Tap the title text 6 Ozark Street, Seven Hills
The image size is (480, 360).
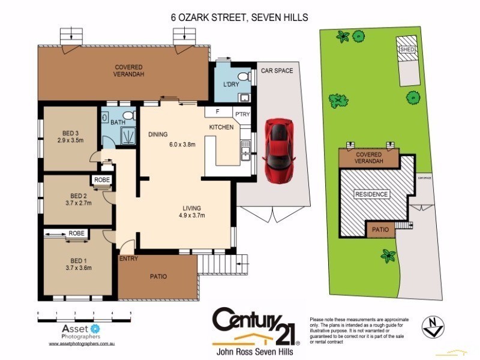[239, 18]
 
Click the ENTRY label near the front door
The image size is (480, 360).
[128, 259]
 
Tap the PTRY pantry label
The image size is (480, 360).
[242, 112]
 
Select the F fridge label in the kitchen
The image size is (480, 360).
[215, 112]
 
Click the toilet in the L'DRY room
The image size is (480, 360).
[243, 76]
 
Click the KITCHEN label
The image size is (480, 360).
[221, 128]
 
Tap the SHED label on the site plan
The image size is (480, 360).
[408, 49]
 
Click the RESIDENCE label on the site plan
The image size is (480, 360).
[371, 194]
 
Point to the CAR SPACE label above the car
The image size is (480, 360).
[277, 71]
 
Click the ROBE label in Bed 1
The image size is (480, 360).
[76, 233]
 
